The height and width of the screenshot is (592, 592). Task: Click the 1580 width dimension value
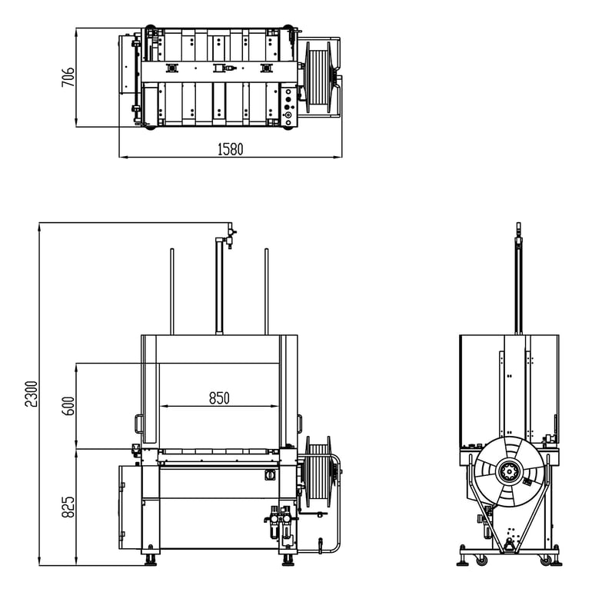(x=230, y=149)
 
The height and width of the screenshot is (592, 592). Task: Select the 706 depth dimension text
(x=68, y=77)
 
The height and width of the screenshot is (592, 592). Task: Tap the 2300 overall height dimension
(x=31, y=393)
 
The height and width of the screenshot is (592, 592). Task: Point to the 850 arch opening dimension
(x=219, y=398)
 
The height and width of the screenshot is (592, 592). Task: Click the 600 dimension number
(x=68, y=405)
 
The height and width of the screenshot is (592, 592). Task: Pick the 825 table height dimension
(x=68, y=506)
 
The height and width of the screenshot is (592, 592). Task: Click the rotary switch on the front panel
(x=269, y=475)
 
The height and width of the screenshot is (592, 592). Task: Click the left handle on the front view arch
(x=138, y=424)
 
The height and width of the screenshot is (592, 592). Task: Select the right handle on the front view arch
(x=299, y=424)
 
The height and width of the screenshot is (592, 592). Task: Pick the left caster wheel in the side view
(x=481, y=560)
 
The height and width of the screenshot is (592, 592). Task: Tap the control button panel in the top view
(x=288, y=106)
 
